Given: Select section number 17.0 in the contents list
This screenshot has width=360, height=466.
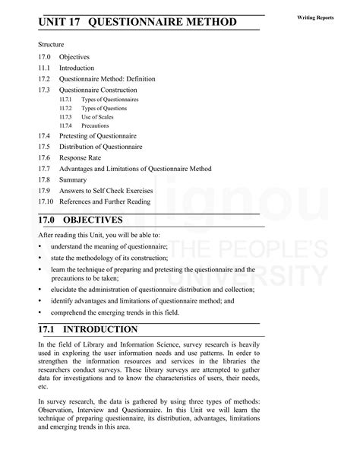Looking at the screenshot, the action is (x=45, y=56).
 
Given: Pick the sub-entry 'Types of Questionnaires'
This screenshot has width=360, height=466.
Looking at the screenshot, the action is (x=111, y=100).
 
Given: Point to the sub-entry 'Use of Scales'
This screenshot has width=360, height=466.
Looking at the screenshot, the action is (x=99, y=116).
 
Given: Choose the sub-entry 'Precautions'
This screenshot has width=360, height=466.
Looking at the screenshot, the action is (x=96, y=125).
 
